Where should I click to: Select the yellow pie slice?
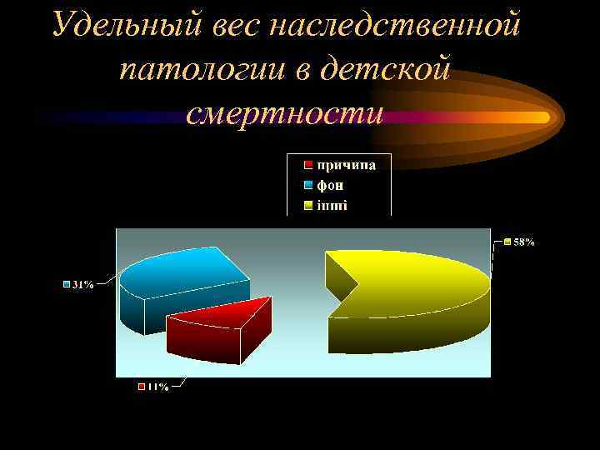[417, 283]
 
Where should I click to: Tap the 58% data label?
[524, 242]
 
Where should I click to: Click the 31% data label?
[82, 284]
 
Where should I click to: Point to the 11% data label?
[157, 387]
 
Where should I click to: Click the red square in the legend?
[307, 165]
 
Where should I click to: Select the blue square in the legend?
[307, 185]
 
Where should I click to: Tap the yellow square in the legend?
[307, 205]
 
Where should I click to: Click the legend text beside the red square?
[345, 165]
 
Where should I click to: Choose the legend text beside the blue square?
[330, 185]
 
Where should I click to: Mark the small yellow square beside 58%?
[507, 242]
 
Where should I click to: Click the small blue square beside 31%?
[67, 284]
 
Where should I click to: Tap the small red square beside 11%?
[142, 387]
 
